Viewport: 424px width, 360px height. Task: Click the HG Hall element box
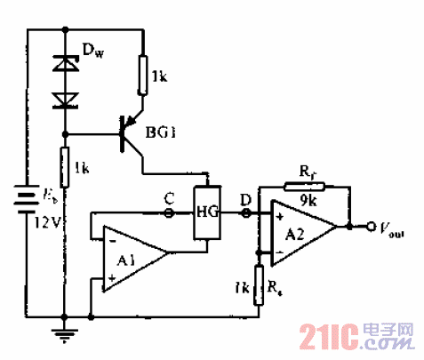coord(206,212)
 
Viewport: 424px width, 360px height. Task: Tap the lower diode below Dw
coord(64,100)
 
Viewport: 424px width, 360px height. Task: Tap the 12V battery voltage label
coord(46,223)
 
